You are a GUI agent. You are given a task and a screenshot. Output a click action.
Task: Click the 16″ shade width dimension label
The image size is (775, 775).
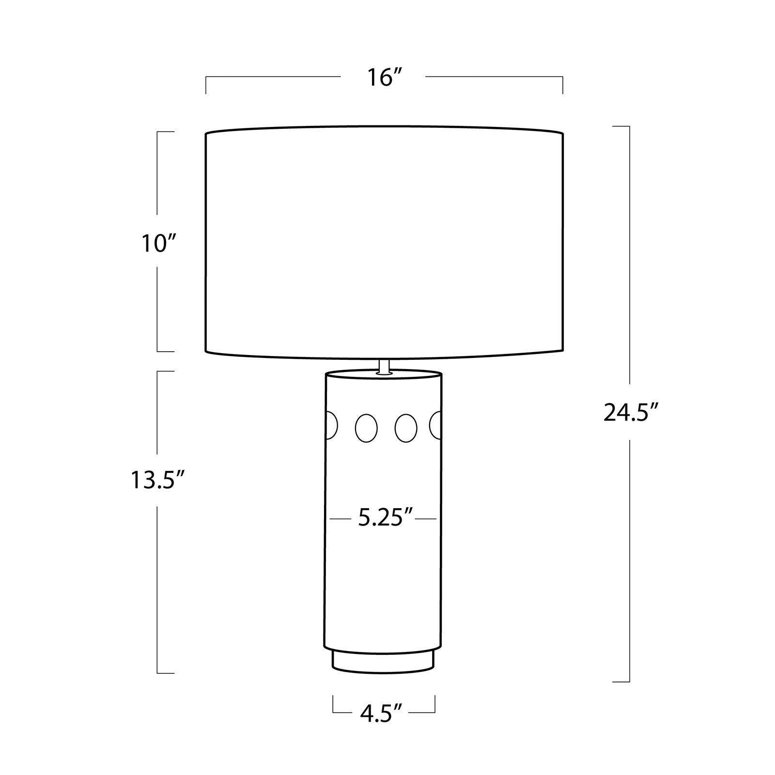coord(386,77)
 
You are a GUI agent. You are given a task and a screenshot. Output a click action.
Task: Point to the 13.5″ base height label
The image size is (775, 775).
coord(158,481)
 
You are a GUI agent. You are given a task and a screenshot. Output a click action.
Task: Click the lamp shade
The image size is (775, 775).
coord(385,242)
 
